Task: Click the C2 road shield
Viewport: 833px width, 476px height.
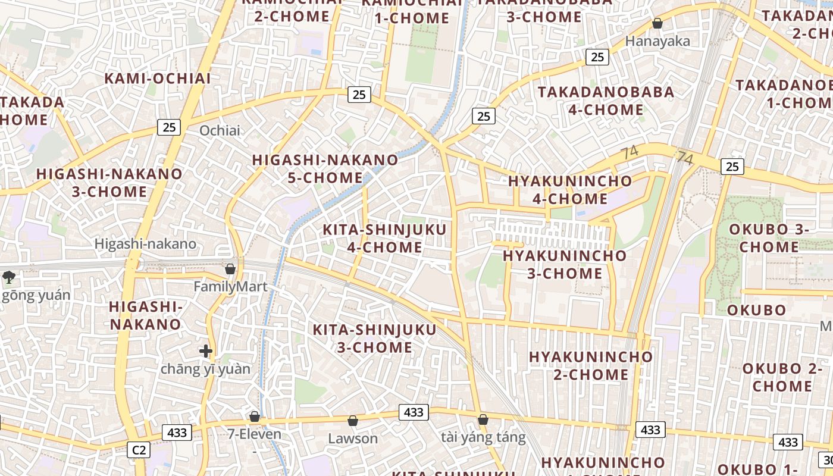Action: click(x=139, y=450)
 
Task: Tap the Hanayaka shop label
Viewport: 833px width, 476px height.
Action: click(x=657, y=41)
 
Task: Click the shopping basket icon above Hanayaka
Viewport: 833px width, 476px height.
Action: click(x=657, y=24)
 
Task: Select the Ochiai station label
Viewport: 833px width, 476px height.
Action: click(x=220, y=130)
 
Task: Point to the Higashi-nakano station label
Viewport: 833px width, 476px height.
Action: click(x=145, y=244)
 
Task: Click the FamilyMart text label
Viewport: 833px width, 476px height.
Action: click(x=230, y=287)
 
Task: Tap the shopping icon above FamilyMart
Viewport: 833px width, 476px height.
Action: click(x=230, y=269)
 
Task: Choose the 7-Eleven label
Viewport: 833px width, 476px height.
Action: click(x=255, y=434)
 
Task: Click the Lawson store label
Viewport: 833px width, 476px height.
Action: click(x=353, y=439)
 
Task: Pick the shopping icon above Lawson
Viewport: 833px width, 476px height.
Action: click(x=353, y=421)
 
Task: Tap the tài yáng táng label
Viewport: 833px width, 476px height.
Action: click(x=483, y=438)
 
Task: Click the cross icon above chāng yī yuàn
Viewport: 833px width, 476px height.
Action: click(x=206, y=351)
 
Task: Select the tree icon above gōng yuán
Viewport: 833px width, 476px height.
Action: click(x=9, y=276)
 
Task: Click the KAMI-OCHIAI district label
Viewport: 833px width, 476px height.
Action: click(x=158, y=78)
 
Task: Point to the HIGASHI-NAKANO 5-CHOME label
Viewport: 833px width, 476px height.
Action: click(x=325, y=168)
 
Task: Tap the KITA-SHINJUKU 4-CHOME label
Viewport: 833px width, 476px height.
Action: click(x=384, y=238)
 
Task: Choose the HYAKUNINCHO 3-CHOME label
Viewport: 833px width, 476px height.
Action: click(x=565, y=264)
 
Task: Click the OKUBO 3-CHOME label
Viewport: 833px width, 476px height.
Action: click(x=769, y=237)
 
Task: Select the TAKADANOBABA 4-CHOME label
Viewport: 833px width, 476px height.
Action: click(x=606, y=101)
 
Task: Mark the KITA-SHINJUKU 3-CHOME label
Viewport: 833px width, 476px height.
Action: click(x=375, y=338)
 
